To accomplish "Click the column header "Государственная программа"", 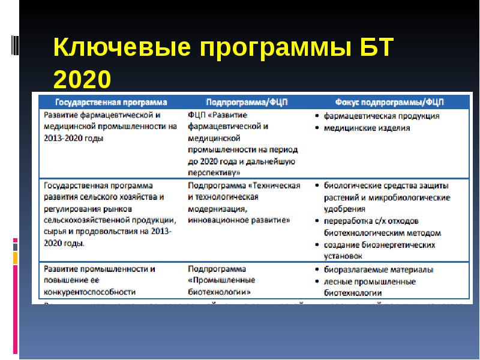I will pyautogui.click(x=111, y=102).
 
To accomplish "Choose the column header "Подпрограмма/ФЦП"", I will pyautogui.click(x=247, y=102).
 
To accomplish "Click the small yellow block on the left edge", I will pyautogui.click(x=15, y=258).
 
